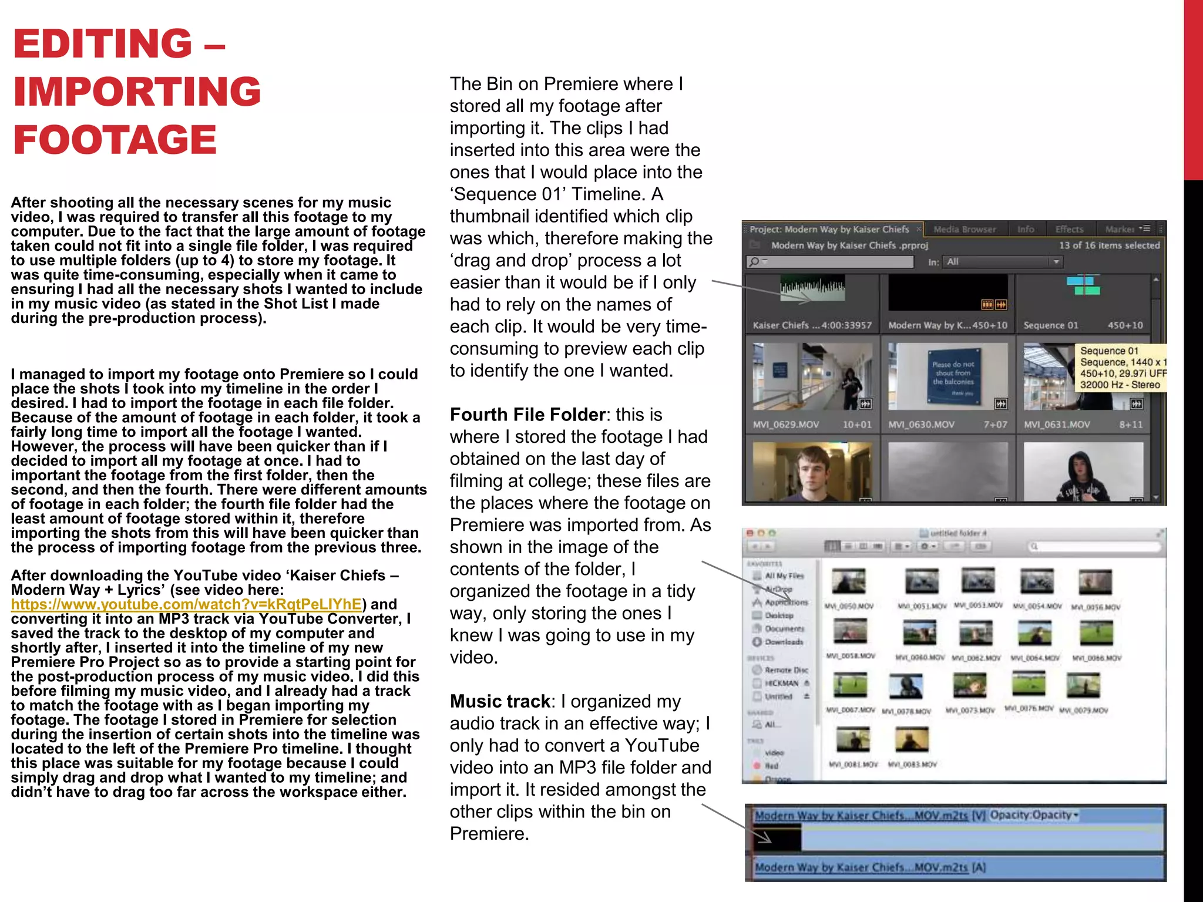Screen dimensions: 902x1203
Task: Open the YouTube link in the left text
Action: [186, 604]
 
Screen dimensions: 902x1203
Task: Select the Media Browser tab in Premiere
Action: [965, 229]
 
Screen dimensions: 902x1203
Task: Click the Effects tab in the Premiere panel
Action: [1069, 229]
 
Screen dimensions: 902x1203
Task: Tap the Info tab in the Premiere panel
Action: [1026, 229]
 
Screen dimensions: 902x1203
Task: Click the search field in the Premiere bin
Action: [829, 261]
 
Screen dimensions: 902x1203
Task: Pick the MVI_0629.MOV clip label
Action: [785, 425]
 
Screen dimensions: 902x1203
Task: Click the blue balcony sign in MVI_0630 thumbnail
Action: [953, 376]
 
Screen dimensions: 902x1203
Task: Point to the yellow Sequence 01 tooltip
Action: [1121, 368]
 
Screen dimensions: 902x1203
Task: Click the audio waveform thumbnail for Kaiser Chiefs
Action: [812, 287]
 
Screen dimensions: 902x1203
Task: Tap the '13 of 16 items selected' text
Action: [1109, 245]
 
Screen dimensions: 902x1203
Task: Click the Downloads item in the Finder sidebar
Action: [784, 642]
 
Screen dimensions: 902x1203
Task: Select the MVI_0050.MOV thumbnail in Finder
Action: [848, 581]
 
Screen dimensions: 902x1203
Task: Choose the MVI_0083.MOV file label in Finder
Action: [912, 764]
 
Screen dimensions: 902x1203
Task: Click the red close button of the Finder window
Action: [750, 533]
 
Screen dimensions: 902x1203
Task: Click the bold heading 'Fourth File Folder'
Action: [527, 415]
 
